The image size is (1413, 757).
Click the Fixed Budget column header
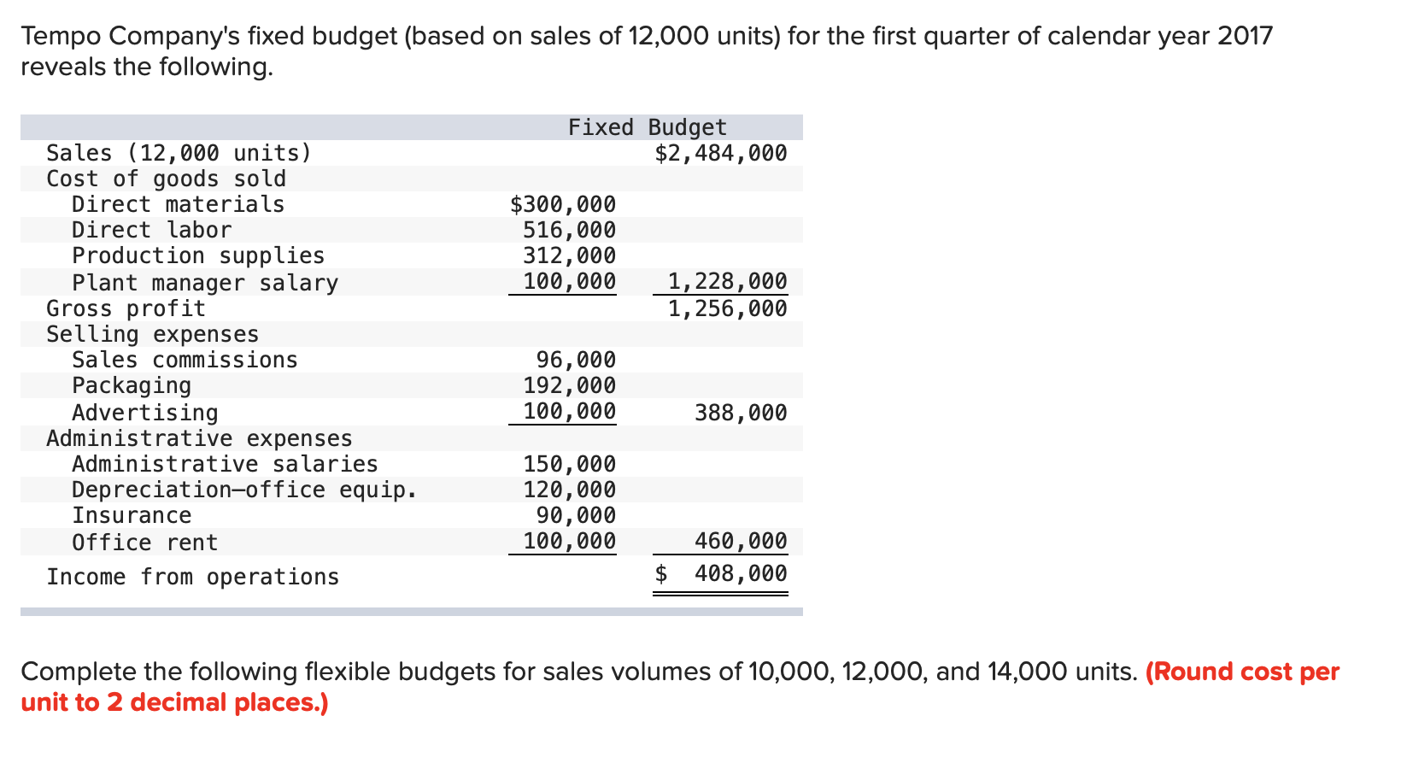pos(647,127)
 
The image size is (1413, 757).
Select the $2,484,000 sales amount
pos(720,153)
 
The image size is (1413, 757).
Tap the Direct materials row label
pos(178,204)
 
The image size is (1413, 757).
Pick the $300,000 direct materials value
pos(562,204)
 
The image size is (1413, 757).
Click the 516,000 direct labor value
pos(569,230)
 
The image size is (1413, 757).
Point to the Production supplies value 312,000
pos(569,255)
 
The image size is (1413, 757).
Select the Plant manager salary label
pos(205,283)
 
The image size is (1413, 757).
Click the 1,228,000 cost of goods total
pos(727,281)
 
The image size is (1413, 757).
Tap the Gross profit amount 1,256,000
pos(727,308)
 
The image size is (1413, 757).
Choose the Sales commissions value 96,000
pos(576,360)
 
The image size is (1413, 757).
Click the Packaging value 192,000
pos(569,385)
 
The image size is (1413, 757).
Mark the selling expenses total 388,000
pos(741,413)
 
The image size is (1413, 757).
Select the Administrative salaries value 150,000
pos(569,464)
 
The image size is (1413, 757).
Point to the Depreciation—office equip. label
pos(244,490)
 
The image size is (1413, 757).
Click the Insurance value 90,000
pos(576,515)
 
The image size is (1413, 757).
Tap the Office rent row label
pos(144,543)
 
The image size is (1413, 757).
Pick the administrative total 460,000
pos(741,541)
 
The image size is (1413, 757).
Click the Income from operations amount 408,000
pos(741,573)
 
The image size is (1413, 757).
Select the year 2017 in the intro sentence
pos(1245,36)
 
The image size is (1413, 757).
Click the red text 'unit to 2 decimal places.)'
pos(174,702)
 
